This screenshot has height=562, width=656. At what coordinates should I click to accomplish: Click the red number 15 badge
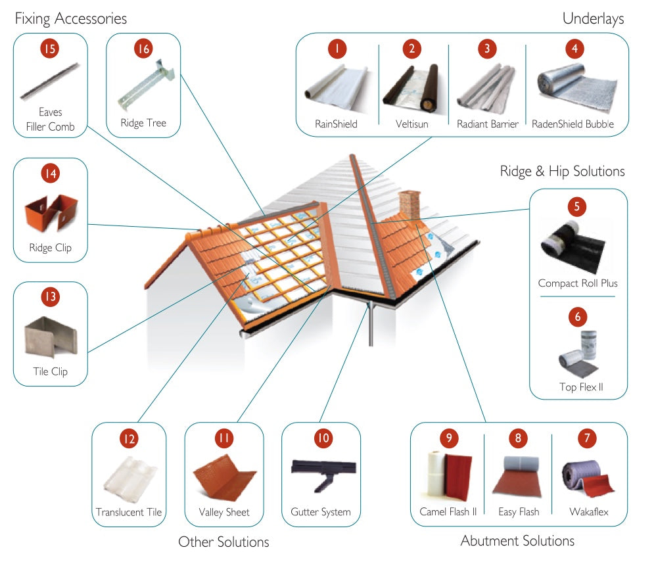(x=50, y=49)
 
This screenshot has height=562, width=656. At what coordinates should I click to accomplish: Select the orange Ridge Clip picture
(x=51, y=213)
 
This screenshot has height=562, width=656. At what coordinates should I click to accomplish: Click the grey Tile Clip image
(x=51, y=337)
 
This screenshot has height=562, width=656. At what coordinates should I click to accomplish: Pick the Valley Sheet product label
(x=224, y=512)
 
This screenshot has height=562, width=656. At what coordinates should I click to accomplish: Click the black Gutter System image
(x=323, y=475)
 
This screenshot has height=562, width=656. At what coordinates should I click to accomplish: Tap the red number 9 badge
(x=449, y=438)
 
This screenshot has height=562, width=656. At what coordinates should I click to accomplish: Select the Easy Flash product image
(x=518, y=477)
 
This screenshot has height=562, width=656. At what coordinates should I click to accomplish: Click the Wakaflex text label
(x=589, y=512)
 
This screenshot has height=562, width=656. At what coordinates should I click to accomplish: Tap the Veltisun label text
(x=411, y=124)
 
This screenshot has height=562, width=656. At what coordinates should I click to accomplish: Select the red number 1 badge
(x=337, y=49)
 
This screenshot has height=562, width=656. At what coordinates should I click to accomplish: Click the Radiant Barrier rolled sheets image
(x=486, y=88)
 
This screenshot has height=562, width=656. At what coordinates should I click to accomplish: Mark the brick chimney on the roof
(x=410, y=204)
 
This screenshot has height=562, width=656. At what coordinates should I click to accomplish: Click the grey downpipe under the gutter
(x=371, y=323)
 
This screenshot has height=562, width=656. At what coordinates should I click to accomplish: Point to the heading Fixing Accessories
(x=71, y=18)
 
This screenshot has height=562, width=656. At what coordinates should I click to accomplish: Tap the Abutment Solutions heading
(x=517, y=541)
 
